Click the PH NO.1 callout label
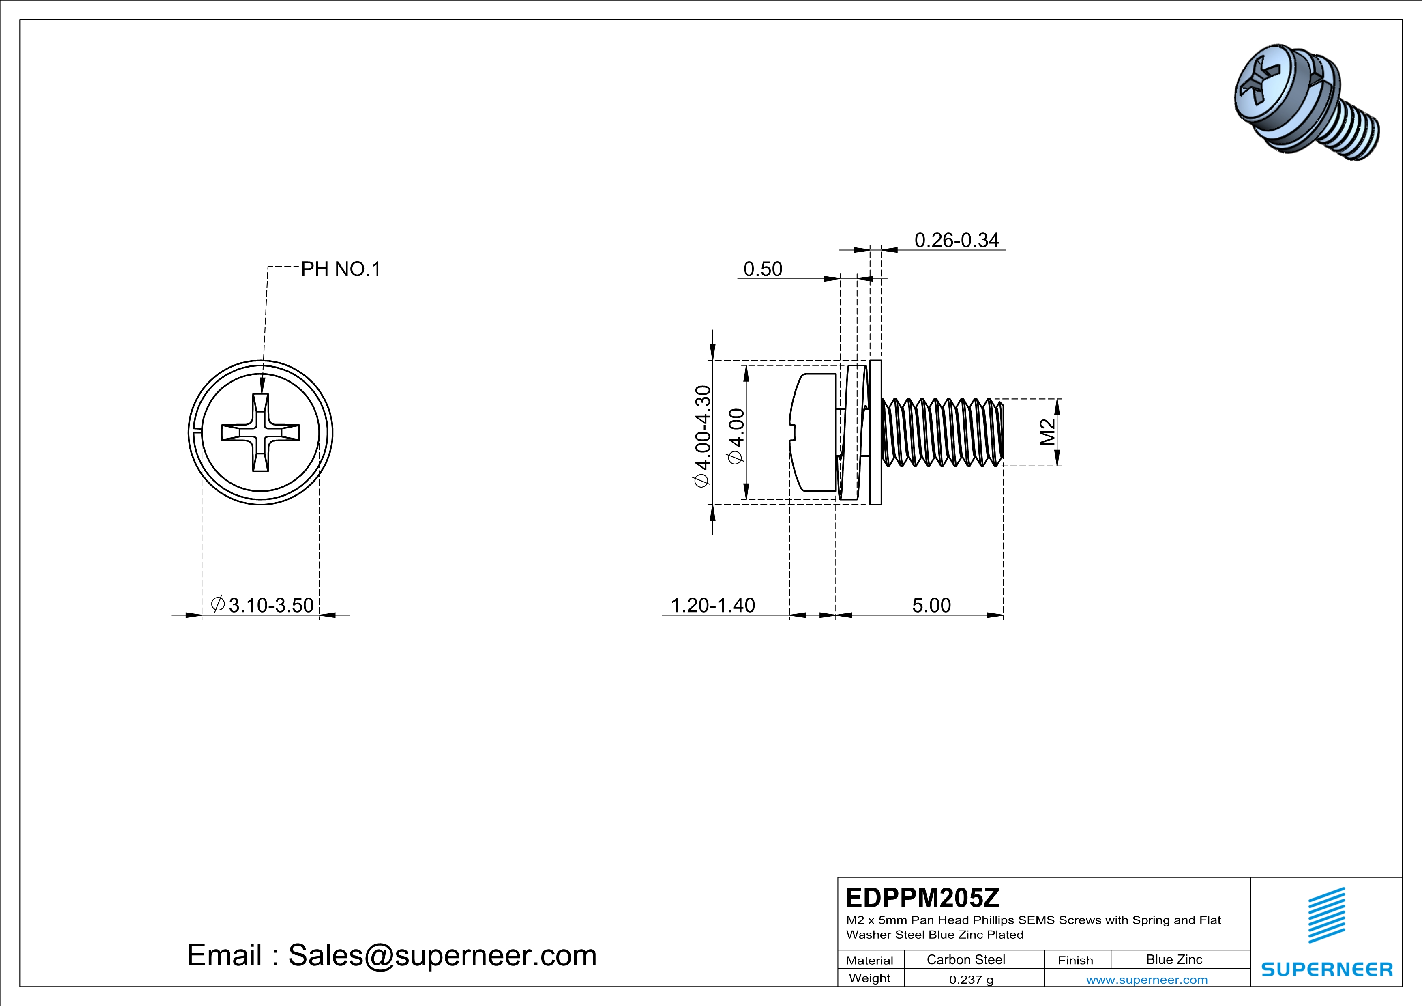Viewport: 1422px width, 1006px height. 341,269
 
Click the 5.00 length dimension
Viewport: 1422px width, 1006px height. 931,605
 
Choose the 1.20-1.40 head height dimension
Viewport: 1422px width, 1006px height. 713,605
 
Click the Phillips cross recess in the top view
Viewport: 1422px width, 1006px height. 261,432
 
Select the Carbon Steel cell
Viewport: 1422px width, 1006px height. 965,959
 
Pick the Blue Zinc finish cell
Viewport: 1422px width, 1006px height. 1173,959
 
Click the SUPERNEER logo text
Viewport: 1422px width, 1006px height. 1327,969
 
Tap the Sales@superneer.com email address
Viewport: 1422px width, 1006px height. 442,955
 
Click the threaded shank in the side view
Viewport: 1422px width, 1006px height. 942,432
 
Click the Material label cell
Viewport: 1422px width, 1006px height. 870,960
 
